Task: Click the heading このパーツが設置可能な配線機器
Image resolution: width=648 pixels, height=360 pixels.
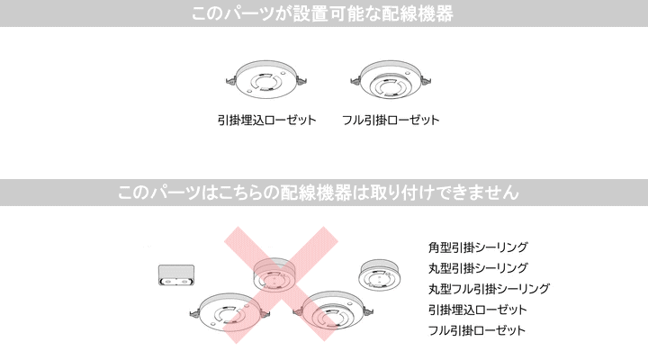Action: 323,13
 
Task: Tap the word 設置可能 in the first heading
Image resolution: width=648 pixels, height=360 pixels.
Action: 333,13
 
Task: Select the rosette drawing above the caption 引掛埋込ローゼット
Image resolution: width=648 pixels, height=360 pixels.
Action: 266,80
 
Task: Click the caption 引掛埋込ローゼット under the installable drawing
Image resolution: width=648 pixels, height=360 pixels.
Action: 266,120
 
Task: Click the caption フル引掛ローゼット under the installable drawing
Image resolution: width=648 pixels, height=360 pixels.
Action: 391,120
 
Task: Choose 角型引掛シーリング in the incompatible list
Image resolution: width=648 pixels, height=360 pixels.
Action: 478,247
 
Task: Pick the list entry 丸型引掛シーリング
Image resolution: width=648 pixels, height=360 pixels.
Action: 478,268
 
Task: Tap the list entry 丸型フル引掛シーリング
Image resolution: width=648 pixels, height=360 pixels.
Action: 489,289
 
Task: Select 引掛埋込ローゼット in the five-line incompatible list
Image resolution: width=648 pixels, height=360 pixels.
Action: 478,310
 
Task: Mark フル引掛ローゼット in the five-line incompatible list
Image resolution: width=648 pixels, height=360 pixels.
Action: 477,330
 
